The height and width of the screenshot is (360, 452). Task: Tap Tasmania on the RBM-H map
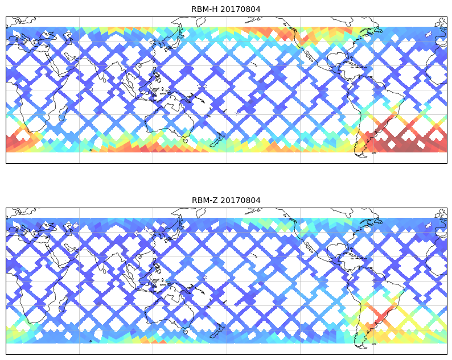[x=186, y=140]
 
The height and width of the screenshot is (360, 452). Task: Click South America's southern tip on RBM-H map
[x=359, y=154]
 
